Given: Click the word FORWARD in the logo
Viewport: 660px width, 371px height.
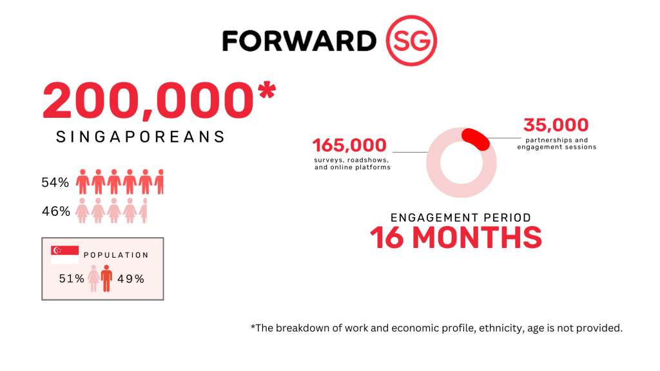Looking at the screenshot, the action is (x=299, y=41).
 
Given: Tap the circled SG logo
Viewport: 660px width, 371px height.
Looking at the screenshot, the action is (x=411, y=41).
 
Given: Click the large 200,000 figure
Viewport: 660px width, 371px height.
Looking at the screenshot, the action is (x=148, y=100).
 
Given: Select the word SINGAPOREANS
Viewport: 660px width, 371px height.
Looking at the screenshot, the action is (x=141, y=137).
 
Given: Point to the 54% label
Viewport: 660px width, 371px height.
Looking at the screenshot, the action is (x=55, y=182).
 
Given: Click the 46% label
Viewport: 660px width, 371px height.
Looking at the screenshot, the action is (x=56, y=211).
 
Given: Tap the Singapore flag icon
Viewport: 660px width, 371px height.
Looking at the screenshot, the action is (x=65, y=255).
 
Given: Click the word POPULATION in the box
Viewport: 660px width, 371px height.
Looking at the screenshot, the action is (x=116, y=255).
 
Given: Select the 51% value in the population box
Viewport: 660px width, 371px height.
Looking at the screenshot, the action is (x=72, y=278).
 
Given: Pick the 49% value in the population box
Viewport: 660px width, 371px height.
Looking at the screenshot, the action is (x=131, y=278).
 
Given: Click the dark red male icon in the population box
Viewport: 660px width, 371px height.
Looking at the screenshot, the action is (x=106, y=278).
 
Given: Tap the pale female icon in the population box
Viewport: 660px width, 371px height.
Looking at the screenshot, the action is (x=93, y=278).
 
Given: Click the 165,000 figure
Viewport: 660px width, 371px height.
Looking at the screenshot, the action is (x=349, y=146).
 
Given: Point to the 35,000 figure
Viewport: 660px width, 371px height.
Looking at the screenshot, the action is (x=556, y=125).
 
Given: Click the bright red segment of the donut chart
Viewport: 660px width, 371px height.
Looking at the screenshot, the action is (x=476, y=139).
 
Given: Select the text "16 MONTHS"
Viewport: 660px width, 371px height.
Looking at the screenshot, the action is (x=456, y=238).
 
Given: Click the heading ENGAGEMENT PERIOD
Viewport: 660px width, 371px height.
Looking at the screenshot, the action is (x=461, y=218).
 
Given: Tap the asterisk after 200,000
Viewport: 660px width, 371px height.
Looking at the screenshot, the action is (x=267, y=91).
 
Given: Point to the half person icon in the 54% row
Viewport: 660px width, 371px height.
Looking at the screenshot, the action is (x=159, y=182).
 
